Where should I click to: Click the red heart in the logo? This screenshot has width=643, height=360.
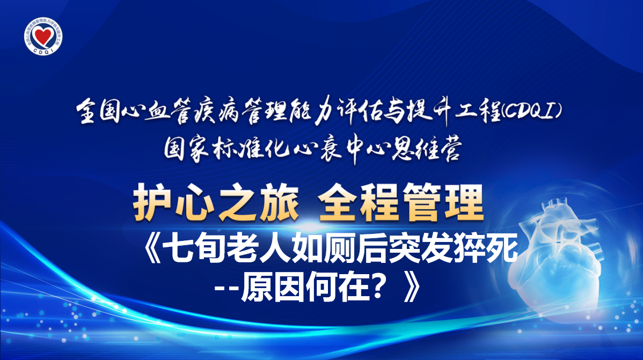[x=43, y=36]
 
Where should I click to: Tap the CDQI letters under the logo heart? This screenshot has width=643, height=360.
[x=43, y=52]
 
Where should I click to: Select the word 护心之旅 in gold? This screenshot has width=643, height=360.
[x=216, y=203]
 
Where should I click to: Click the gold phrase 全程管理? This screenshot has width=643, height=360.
[x=401, y=203]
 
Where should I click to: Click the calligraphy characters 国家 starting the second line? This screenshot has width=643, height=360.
[x=188, y=149]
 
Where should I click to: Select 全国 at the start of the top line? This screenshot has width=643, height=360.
[x=99, y=111]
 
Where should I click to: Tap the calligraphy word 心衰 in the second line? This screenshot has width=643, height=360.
[x=316, y=149]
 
